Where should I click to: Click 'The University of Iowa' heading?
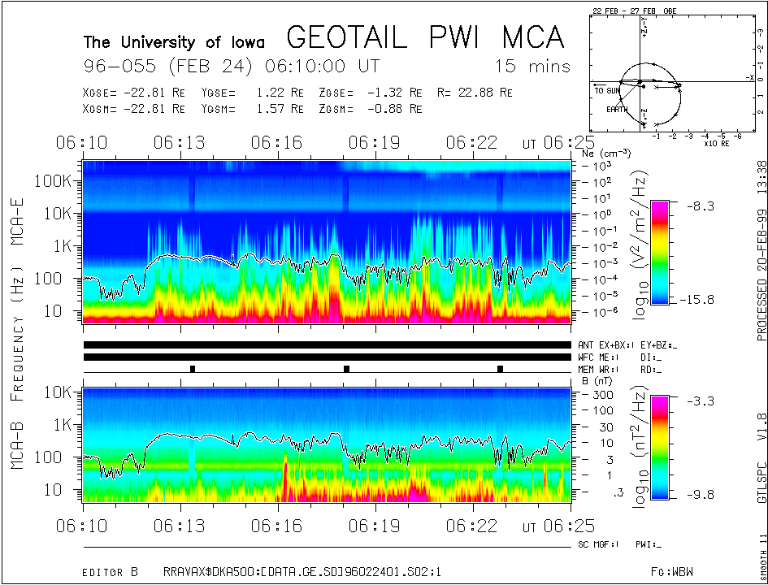pos(174,42)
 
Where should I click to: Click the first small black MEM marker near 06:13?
pos(193,369)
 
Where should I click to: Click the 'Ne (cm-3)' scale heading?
pos(606,153)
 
